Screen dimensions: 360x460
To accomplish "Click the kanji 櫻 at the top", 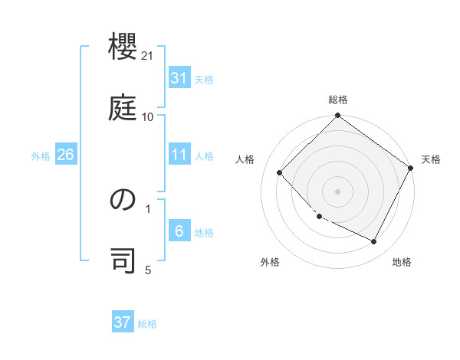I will tap(123, 50).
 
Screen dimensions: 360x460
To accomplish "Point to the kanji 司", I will tap(123, 260).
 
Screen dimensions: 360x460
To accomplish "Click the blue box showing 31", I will tap(179, 78).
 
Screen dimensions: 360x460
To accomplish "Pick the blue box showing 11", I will tap(179, 155).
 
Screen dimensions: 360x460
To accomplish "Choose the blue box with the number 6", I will tap(179, 231).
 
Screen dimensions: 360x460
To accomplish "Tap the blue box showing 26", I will tap(65, 155).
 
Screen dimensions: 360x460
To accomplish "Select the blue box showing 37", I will tap(123, 322).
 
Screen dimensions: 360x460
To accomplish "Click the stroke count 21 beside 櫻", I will tap(149, 56).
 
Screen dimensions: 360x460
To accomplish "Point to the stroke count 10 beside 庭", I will tap(148, 116).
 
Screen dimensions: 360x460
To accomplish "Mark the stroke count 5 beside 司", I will tap(149, 270).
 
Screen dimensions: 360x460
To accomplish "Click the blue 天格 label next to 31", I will tap(204, 80).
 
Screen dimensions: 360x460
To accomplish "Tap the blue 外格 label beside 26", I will tap(41, 156).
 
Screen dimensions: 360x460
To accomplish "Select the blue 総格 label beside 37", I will tap(147, 324).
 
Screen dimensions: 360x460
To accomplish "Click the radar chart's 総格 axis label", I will tap(338, 100).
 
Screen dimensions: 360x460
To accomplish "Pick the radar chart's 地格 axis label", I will tap(402, 263).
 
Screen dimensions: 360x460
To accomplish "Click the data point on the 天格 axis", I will tap(410, 169).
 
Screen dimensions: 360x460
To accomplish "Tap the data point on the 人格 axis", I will tap(280, 173).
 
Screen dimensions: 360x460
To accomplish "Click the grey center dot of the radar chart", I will tap(338, 191).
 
